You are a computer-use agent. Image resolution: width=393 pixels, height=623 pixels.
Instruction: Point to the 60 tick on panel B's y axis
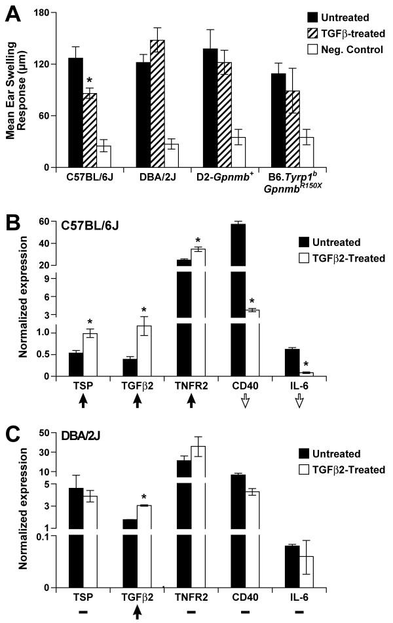tap(52, 222)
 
